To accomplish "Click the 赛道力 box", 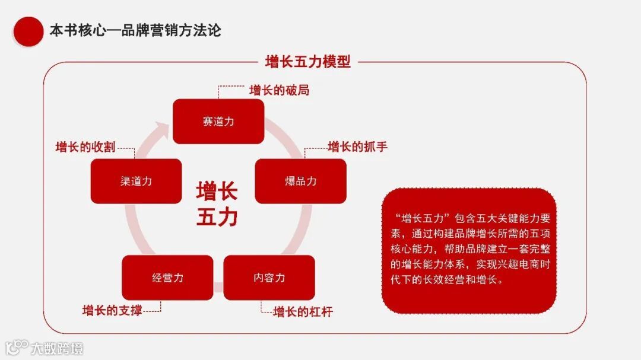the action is coord(218,122).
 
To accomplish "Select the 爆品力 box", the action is coord(300,181).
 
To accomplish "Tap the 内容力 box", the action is coord(269,278).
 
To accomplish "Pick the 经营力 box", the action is coord(167,278).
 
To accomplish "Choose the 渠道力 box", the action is coord(136,181).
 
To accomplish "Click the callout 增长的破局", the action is coord(279,91).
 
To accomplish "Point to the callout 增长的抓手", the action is coord(357,146).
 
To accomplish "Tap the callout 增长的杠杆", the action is coord(303,311).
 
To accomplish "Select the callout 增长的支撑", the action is coord(112,310).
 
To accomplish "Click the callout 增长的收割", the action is coord(85,147).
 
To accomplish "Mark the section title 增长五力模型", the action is coord(307,62).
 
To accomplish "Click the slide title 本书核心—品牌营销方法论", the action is coord(135,30).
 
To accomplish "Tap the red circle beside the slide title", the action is coord(28,31).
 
